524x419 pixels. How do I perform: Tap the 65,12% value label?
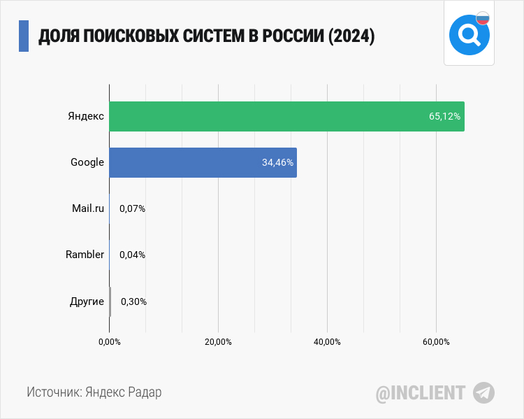[x=444, y=116]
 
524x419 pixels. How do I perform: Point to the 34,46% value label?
[x=277, y=162]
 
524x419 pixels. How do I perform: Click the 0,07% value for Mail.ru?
[x=132, y=208]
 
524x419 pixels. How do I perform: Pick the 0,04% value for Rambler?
[x=132, y=255]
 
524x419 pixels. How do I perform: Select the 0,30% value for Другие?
[x=133, y=301]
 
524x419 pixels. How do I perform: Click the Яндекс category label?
[x=86, y=116]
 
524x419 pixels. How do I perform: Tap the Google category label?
[x=87, y=162]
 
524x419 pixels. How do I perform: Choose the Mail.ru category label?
[x=88, y=208]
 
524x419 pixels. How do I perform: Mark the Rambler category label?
[x=85, y=255]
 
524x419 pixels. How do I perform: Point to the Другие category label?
[x=87, y=301]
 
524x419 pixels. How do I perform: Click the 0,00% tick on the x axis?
[x=110, y=342]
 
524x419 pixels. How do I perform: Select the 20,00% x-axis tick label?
[x=218, y=342]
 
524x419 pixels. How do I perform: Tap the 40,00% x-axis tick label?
[x=327, y=342]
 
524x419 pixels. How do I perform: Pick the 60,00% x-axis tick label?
[x=436, y=342]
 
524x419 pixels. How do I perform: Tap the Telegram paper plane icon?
[x=483, y=392]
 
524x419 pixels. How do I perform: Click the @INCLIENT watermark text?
[x=421, y=393]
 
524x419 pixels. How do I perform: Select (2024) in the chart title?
[x=351, y=36]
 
